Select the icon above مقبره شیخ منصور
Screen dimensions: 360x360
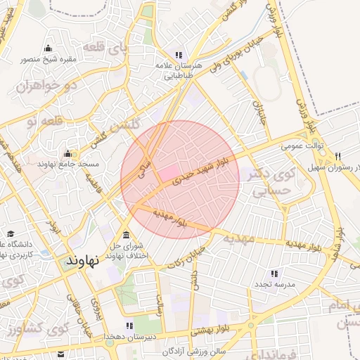pos(48,48)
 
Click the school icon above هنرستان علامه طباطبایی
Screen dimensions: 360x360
pos(179,55)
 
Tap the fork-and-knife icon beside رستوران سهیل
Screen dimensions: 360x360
pos(338,156)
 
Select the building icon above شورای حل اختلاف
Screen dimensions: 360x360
pos(126,235)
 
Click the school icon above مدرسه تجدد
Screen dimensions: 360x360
pos(274,273)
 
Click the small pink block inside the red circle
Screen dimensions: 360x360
pos(167,172)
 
